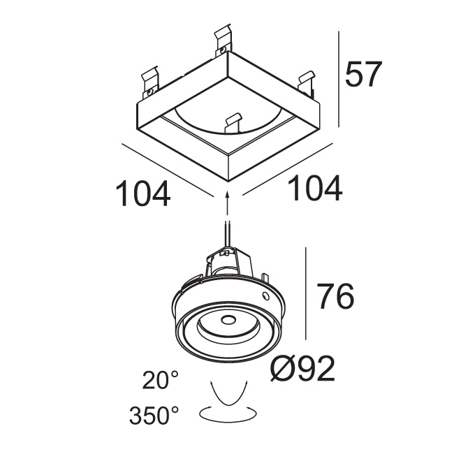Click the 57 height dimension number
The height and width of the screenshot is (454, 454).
363,74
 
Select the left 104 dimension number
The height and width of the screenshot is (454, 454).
142,193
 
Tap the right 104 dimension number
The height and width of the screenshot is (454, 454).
315,188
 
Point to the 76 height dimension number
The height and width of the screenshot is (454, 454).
335,296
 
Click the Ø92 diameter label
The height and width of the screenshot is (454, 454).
302,369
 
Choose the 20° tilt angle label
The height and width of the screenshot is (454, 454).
160,380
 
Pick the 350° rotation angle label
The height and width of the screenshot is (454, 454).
154,415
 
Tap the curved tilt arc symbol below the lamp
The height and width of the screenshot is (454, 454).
228,393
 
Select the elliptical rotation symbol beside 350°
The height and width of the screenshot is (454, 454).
228,413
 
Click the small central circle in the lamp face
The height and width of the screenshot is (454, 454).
228,320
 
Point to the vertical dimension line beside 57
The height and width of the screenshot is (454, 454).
339,79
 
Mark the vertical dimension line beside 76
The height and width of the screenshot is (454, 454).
306,293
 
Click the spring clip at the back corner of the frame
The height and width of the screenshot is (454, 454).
224,41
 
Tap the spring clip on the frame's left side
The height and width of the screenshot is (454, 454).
150,82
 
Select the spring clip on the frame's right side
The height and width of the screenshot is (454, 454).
307,83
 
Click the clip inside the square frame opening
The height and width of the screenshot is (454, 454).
233,122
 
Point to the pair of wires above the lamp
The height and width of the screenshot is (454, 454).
228,233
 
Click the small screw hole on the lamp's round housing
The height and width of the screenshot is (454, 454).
265,296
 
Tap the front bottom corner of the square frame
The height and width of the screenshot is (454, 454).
228,182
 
